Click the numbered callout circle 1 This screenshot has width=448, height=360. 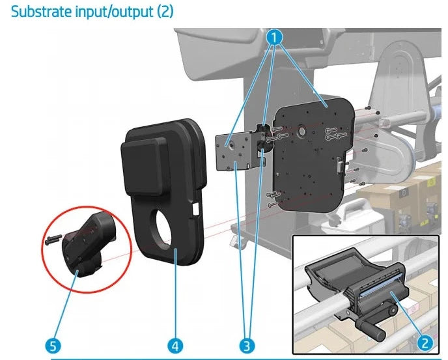[x=274, y=37]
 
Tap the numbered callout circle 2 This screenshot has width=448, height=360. [x=425, y=342]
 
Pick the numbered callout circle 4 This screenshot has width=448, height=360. [x=175, y=346]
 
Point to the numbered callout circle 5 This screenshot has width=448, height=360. [x=53, y=346]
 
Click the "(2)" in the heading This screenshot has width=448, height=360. [x=165, y=12]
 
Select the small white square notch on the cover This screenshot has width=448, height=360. [x=196, y=208]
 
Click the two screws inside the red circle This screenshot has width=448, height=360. [x=53, y=240]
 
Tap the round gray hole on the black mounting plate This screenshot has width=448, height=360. [x=301, y=131]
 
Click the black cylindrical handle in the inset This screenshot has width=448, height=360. [x=371, y=329]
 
